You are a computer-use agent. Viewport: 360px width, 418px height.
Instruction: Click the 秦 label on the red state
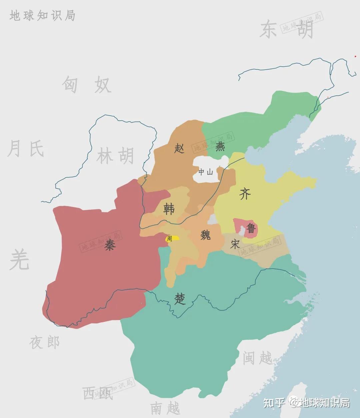pyautogui.click(x=110, y=246)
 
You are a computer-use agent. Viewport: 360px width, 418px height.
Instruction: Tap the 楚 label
pyautogui.click(x=180, y=299)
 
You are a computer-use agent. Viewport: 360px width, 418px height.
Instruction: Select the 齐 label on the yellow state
pyautogui.click(x=245, y=194)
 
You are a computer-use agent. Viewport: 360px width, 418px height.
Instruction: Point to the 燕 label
pyautogui.click(x=220, y=147)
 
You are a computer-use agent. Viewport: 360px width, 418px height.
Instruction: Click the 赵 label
pyautogui.click(x=179, y=148)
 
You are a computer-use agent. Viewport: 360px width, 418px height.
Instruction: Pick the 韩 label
pyautogui.click(x=169, y=209)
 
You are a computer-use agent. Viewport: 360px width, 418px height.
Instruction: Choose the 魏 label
pyautogui.click(x=205, y=235)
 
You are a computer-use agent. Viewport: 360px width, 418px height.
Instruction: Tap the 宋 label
pyautogui.click(x=235, y=244)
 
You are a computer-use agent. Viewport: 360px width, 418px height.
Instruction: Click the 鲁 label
pyautogui.click(x=251, y=229)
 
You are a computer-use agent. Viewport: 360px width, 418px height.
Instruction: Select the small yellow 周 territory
pyautogui.click(x=173, y=238)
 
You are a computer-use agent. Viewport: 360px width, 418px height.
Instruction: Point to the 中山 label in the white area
pyautogui.click(x=205, y=172)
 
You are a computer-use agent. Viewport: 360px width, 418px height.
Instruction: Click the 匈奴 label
pyautogui.click(x=86, y=84)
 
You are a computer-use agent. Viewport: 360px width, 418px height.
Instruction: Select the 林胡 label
pyautogui.click(x=115, y=156)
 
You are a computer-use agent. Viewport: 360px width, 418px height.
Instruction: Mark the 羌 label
pyautogui.click(x=19, y=260)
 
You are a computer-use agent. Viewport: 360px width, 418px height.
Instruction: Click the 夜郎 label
pyautogui.click(x=44, y=342)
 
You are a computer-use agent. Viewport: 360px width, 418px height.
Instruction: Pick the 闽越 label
pyautogui.click(x=257, y=358)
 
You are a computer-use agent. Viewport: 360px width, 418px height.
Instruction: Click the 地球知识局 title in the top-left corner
pyautogui.click(x=42, y=16)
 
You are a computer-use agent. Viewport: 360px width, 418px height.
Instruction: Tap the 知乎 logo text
pyautogui.click(x=274, y=403)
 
